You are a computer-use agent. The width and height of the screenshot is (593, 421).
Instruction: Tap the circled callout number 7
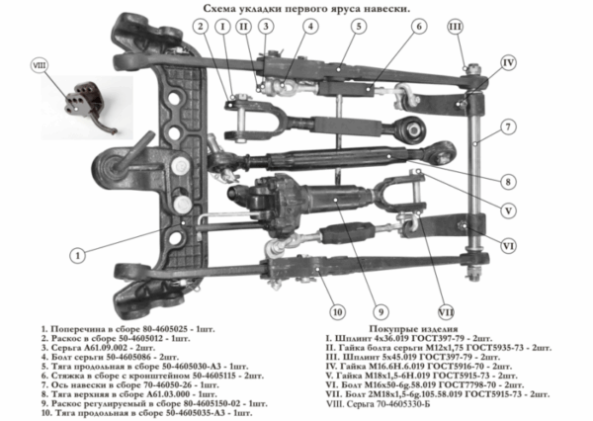[505, 126]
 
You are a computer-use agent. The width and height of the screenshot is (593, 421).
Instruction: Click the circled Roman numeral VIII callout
[41, 66]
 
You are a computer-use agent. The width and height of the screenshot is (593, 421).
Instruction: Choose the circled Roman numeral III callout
[481, 27]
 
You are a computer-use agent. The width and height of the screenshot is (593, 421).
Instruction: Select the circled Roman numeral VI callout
[508, 244]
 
